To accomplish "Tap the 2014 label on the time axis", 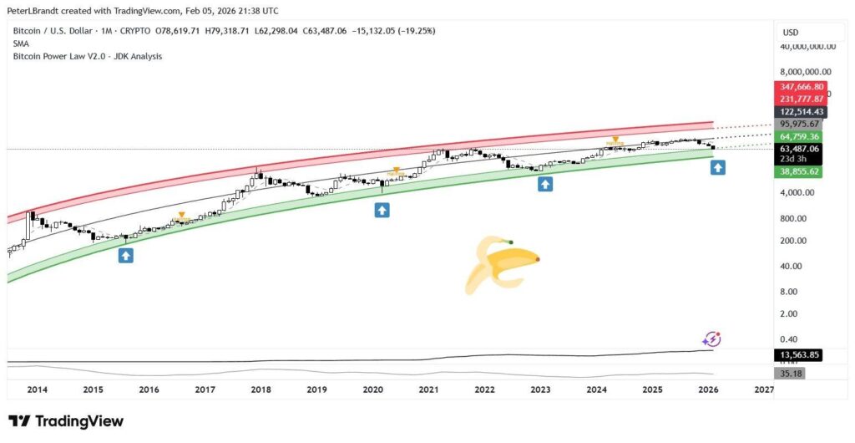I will coord(37,390).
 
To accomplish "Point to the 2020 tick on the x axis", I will coord(372,390).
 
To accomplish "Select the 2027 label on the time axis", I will coord(764,390).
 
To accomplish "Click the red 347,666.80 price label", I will coord(802,87).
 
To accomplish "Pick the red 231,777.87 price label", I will coord(802,99).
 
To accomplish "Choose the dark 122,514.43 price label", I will coord(802,112).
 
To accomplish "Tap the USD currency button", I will coord(790,33).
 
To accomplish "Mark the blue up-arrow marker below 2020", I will coord(382,211).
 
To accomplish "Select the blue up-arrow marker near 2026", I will coord(717,168).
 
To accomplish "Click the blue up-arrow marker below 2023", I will coord(545,184).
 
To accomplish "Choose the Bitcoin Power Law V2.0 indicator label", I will coord(88,56).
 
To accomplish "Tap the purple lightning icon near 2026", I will coord(711,339).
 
